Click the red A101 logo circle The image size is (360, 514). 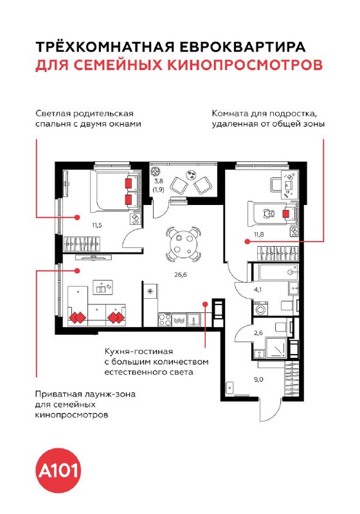(x=58, y=471)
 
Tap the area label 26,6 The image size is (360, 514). (x=181, y=275)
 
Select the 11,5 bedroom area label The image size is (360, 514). (x=97, y=226)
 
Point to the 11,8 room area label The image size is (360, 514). (x=258, y=235)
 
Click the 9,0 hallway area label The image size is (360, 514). (x=258, y=380)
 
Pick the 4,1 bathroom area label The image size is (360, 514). (x=258, y=290)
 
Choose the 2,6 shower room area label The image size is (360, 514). (x=258, y=333)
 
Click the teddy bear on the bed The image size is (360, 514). (x=269, y=213)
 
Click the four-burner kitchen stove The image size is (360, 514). (x=165, y=319)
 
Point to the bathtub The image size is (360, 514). (x=275, y=271)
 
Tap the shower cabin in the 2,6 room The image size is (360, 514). (x=276, y=348)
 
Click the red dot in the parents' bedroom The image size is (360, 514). (x=77, y=217)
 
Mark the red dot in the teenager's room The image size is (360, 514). (x=247, y=242)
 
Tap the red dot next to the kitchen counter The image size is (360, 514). (x=205, y=304)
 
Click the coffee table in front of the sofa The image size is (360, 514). (x=103, y=287)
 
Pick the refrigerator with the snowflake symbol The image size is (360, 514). (x=150, y=291)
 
